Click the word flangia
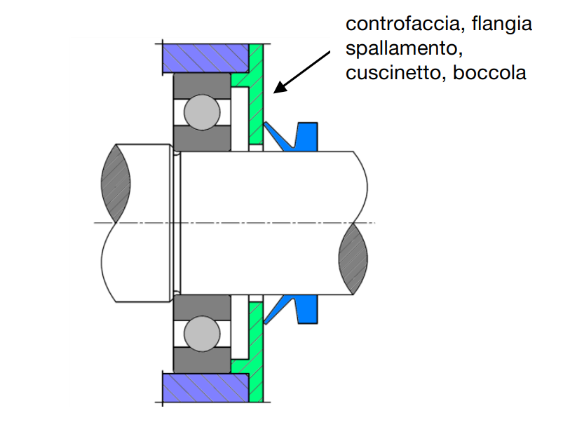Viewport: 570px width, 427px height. coord(501,25)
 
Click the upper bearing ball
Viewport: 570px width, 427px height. coord(201,111)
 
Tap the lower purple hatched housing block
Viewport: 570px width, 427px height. coord(205,386)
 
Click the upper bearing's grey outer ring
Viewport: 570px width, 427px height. coord(202,82)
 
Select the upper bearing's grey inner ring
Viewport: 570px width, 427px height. coord(202,140)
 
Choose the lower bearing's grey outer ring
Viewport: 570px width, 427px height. coord(202,361)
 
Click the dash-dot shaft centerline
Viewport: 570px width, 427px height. coord(238,223)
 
